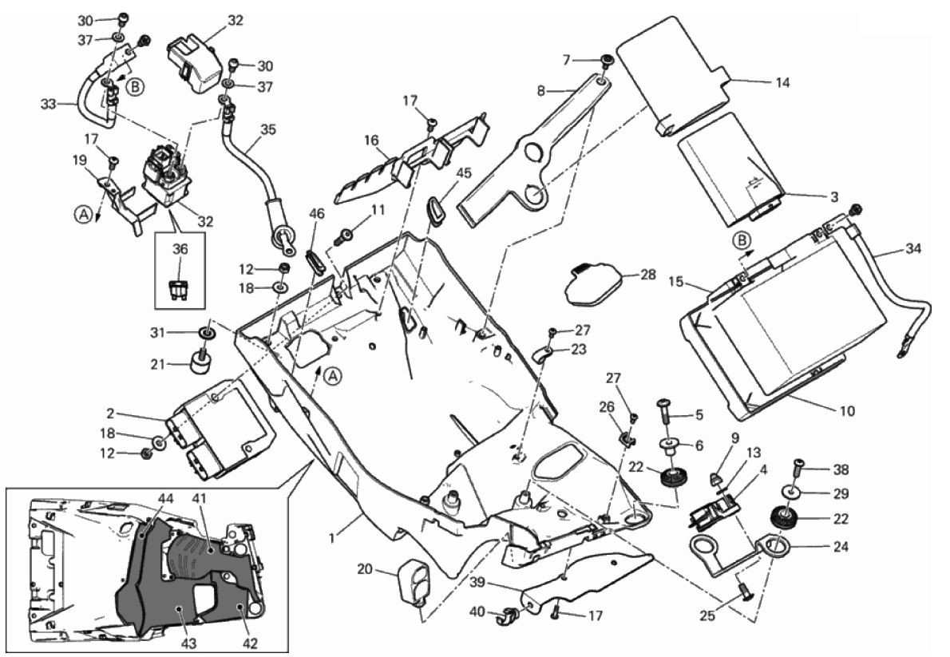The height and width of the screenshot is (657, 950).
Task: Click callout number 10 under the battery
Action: click(847, 412)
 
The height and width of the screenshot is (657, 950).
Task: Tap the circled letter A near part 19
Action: click(82, 213)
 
